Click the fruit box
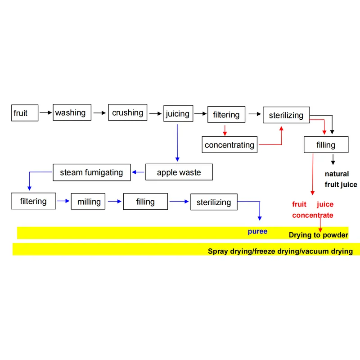(24, 113)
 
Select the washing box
(72, 112)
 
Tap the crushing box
(128, 113)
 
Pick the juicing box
(178, 113)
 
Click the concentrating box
(229, 144)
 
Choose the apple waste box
(179, 172)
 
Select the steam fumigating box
(91, 172)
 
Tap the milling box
(89, 202)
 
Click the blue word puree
(257, 231)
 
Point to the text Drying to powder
(318, 235)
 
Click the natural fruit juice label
(341, 179)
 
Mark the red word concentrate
(313, 215)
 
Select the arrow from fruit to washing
(45, 113)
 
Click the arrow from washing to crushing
(100, 113)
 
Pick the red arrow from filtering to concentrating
(225, 130)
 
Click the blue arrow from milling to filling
(114, 202)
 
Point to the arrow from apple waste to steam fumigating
(138, 172)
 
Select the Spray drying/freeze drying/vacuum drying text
(280, 251)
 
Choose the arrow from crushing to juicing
(156, 113)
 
